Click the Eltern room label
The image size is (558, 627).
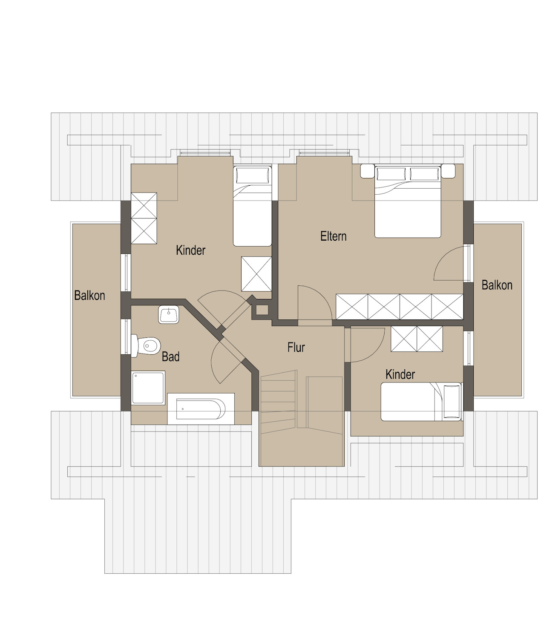[333, 236]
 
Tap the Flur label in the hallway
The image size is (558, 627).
[296, 347]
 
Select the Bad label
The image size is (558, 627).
[170, 357]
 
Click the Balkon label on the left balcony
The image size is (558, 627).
[89, 295]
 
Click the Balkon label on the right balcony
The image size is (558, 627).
[497, 285]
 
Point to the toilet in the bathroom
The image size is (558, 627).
[146, 346]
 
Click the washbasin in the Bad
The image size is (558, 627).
[168, 314]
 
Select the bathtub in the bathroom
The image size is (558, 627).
[201, 408]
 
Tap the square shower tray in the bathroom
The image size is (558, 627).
[148, 388]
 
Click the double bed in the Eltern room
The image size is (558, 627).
[408, 201]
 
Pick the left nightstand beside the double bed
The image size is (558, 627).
[367, 171]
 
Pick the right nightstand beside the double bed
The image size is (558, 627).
[448, 171]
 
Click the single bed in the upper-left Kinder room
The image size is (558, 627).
[252, 206]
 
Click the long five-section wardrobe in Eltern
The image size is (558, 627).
[399, 306]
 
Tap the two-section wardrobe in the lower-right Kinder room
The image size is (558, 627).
[417, 339]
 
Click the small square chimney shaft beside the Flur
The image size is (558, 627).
[262, 310]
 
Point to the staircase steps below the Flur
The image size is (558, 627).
[278, 403]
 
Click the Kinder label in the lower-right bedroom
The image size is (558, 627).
[400, 374]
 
